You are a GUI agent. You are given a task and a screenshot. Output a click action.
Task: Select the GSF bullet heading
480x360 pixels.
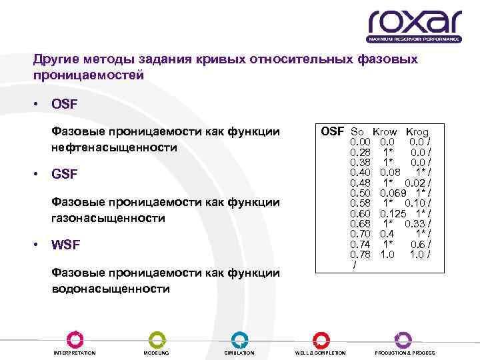tap(64, 175)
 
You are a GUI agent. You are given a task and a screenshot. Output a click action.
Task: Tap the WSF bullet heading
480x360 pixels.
tap(65, 245)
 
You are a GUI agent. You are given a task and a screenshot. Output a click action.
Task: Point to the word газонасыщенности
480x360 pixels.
tap(108, 218)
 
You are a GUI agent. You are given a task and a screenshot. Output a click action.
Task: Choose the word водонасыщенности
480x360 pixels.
tap(111, 289)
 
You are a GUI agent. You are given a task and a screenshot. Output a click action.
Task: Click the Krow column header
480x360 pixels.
tap(385, 133)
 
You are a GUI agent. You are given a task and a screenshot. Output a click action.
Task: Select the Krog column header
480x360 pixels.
tap(417, 133)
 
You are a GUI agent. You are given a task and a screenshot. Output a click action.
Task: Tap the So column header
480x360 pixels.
tap(357, 133)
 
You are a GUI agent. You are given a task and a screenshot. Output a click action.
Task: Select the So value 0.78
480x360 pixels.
tap(361, 254)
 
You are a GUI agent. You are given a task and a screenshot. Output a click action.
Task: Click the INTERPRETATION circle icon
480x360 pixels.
tap(75, 339)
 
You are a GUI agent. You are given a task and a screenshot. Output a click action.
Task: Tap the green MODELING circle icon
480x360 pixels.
tap(156, 339)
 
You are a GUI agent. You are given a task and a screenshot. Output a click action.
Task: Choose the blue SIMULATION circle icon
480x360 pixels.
tap(239, 339)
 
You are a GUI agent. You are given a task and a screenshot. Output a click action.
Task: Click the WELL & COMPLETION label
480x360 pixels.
tap(321, 353)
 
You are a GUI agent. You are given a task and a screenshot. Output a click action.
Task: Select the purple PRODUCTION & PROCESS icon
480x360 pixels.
tap(404, 339)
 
